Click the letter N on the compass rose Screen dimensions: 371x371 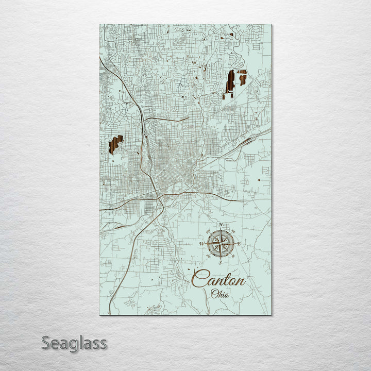coord(221,225)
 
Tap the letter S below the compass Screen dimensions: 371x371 coord(221,262)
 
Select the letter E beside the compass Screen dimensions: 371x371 coord(239,244)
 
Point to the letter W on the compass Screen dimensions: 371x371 coord(201,244)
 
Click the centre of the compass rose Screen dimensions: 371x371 coord(221,244)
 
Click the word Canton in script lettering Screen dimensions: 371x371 coord(218,280)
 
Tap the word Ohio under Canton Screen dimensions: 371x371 coord(220,294)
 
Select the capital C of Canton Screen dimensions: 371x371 coord(198,279)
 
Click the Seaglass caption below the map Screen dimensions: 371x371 coord(74,343)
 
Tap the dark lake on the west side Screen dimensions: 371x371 coord(115,144)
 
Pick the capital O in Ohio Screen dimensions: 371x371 coord(214,294)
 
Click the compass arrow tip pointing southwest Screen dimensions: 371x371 coord(209,256)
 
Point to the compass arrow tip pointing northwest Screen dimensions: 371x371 coord(209,231)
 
